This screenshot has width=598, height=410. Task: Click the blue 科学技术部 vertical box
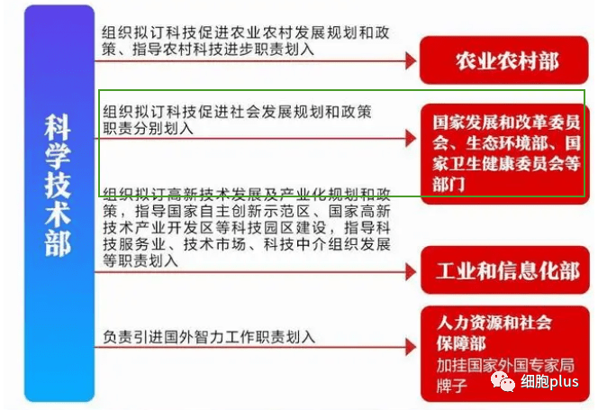59,203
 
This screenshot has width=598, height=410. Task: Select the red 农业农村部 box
503,60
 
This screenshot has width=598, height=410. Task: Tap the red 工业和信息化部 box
505,270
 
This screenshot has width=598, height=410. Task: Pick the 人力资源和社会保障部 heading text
494,333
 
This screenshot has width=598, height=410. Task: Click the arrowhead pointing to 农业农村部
411,60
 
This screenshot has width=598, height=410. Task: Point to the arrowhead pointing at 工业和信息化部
411,272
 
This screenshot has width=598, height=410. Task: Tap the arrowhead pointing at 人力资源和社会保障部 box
411,347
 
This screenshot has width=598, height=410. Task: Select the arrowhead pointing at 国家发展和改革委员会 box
411,138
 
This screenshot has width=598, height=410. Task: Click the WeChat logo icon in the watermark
503,380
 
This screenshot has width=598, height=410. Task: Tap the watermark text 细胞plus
549,381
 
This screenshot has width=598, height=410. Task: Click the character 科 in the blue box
58,127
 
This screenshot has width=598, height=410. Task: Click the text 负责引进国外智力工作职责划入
209,337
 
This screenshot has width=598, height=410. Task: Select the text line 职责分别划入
148,128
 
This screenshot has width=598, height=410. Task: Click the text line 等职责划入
140,260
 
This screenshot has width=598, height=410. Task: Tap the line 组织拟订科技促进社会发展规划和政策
237,112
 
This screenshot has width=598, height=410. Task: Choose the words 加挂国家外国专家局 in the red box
506,365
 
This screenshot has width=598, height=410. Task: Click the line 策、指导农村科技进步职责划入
208,50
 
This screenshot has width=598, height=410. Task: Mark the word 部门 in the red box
448,185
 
